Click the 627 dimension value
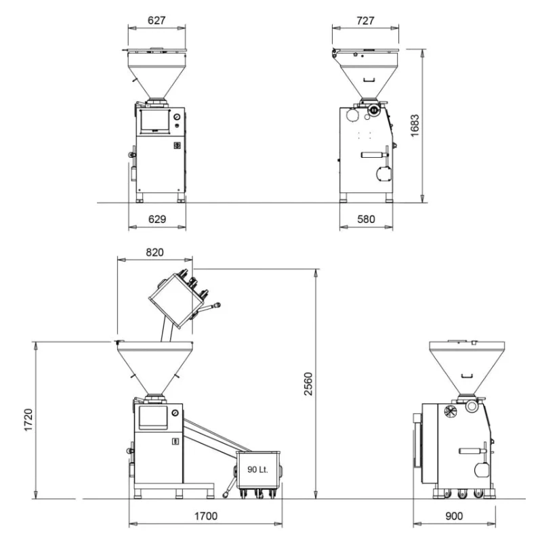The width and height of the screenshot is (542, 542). point(157,20)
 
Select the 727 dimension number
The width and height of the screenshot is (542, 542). point(365,21)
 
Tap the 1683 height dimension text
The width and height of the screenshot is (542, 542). point(415,126)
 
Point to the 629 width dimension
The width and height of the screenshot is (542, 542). point(157,219)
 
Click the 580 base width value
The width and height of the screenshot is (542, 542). point(366,219)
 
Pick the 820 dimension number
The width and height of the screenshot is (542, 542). point(154,252)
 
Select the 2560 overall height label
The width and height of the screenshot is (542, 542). point(308,384)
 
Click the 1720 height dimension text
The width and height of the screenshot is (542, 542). point(28,420)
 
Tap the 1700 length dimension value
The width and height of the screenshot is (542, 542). point(206,516)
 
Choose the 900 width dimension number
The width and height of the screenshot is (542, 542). point(454,516)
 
